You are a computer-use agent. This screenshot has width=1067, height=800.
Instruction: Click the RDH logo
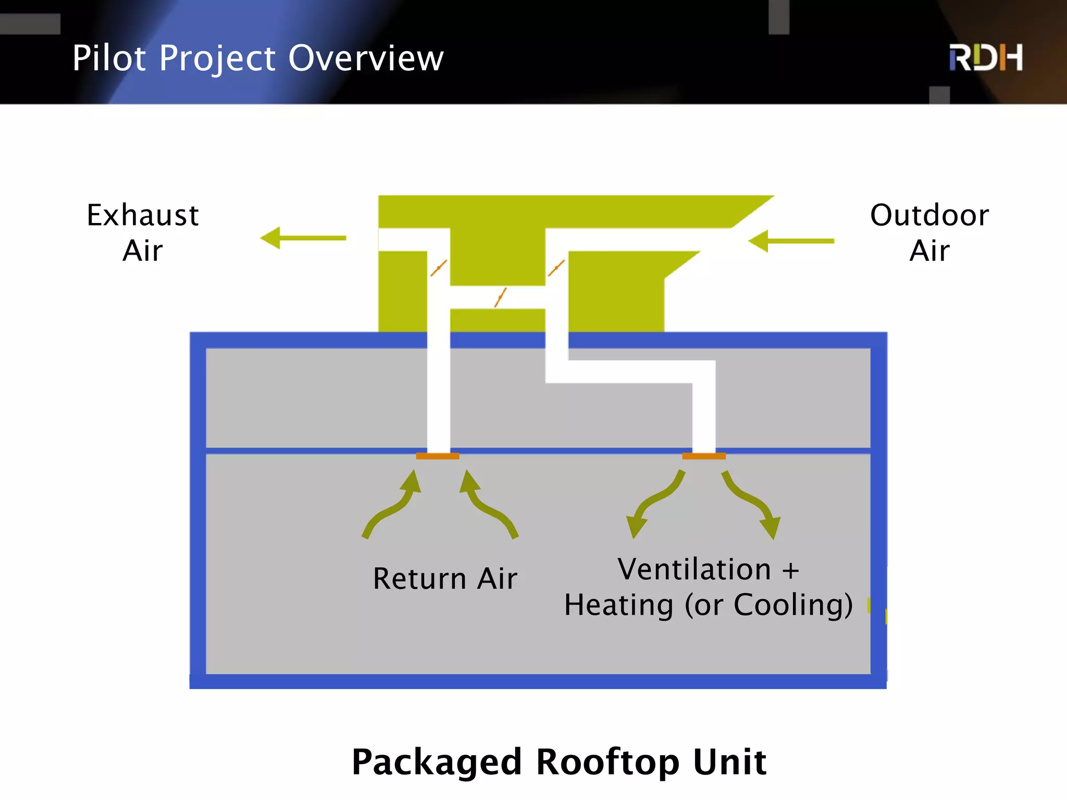coord(985,57)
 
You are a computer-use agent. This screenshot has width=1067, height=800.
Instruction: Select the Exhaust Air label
coord(142,233)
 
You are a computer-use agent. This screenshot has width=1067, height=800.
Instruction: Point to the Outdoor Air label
coord(929,233)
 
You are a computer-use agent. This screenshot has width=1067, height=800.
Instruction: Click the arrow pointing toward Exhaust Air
coord(303,238)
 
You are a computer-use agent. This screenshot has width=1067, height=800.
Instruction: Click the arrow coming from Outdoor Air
coord(791,241)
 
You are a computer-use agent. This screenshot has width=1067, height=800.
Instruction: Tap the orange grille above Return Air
coord(437,456)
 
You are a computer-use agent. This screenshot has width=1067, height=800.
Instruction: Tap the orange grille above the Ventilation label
coord(703,456)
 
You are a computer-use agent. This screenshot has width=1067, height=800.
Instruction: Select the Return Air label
coord(445,579)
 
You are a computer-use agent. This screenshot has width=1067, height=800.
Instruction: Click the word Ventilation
coord(694,569)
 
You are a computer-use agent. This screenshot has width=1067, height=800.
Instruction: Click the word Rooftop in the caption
coord(607,762)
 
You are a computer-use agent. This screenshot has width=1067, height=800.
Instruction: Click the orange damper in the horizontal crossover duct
coord(500,297)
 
